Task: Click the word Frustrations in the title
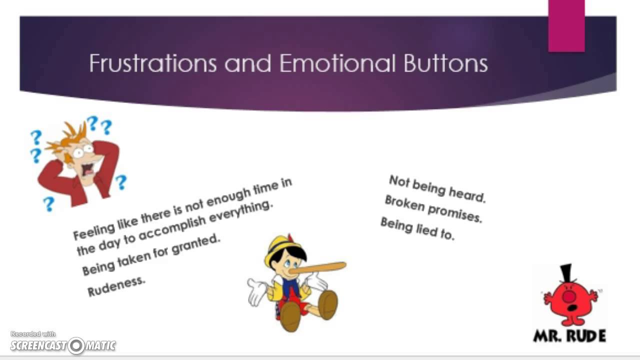(152, 64)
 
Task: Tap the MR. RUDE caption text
(569, 335)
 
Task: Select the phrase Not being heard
(437, 188)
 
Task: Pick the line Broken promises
(433, 208)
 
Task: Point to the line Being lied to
(417, 228)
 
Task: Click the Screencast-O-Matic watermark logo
(63, 345)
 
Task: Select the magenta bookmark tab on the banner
(566, 25)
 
